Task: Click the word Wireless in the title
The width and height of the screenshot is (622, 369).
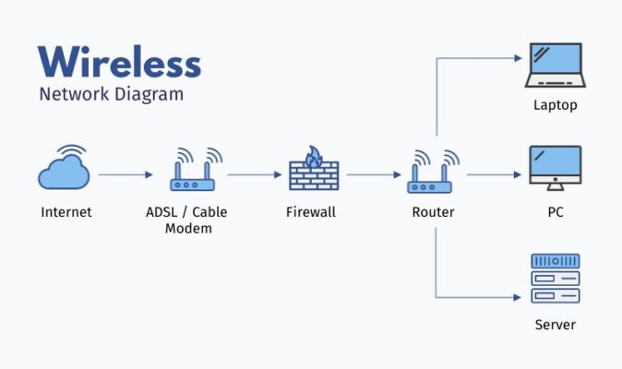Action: pos(119,62)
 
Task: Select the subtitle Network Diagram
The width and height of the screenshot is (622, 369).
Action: pos(111,94)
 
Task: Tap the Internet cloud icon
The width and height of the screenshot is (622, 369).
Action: pos(65,170)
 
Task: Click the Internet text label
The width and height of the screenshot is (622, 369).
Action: pos(66,212)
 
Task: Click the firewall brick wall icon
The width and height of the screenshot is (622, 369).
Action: pos(312,176)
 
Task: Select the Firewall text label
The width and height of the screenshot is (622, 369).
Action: pos(311,212)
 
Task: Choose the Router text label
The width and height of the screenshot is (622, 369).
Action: pos(433,212)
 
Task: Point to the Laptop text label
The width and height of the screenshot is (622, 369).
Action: pos(555,105)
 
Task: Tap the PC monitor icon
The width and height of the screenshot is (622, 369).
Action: pos(555,169)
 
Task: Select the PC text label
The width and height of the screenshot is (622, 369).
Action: pos(555,212)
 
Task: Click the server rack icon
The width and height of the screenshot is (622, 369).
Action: pos(555,278)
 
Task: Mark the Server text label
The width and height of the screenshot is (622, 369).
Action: pos(555,325)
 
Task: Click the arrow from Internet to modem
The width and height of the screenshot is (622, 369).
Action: pos(126,174)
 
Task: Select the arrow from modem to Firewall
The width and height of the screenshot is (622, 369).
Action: pos(255,174)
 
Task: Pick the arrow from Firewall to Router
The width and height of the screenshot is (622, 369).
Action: pos(375,174)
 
